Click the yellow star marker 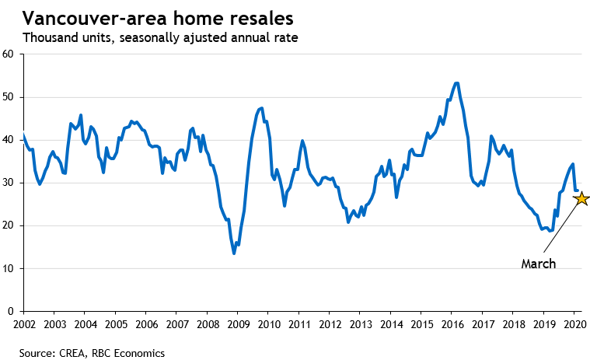[580, 199]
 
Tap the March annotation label [538, 264]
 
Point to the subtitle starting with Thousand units [160, 37]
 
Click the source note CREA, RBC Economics [92, 353]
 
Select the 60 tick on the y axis [10, 54]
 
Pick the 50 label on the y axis [10, 97]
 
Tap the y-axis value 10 [10, 269]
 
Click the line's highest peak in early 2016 [456, 82]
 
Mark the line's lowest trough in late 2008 [234, 253]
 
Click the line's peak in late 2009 [261, 108]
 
